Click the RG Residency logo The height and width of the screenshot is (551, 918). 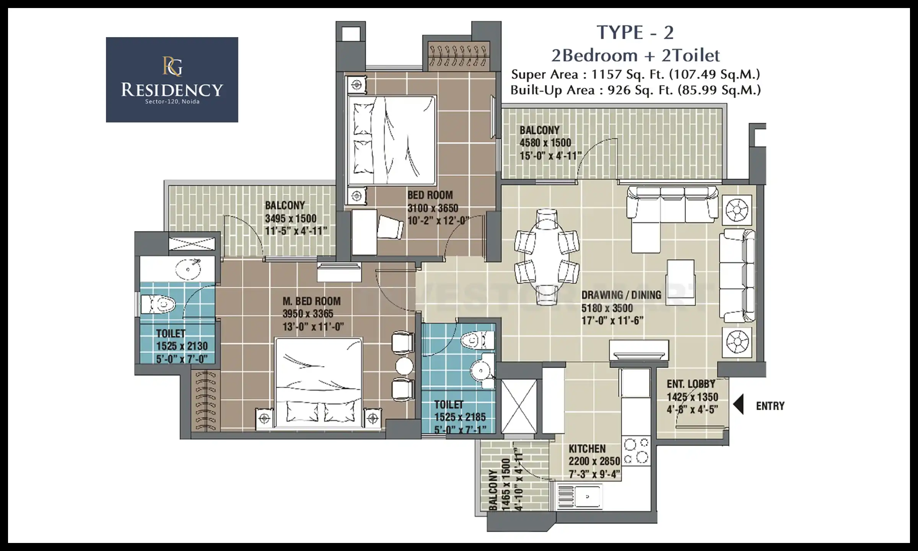point(172,80)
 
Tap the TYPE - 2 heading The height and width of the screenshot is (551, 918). point(635,33)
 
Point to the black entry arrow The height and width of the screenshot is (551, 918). point(738,404)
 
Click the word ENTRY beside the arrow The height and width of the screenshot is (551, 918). point(770,406)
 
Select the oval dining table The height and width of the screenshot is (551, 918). point(547,257)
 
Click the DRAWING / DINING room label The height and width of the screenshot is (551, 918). point(621,295)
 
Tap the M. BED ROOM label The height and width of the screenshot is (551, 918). point(311,302)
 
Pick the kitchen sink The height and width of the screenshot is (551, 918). point(580,496)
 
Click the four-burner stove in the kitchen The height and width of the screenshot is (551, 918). point(636,450)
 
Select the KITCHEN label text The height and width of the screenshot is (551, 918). point(587,449)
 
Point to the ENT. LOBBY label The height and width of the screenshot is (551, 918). point(691,384)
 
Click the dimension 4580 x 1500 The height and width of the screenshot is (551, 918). point(545,143)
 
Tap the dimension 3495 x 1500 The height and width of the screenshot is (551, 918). point(291,218)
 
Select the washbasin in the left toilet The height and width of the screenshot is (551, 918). point(188,269)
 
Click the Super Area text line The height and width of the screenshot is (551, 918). point(635,74)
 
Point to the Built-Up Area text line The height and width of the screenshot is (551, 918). point(635,90)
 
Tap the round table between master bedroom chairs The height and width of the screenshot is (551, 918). point(404,366)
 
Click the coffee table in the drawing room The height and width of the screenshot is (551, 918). point(680,282)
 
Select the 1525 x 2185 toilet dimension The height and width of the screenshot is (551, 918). point(460,417)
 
